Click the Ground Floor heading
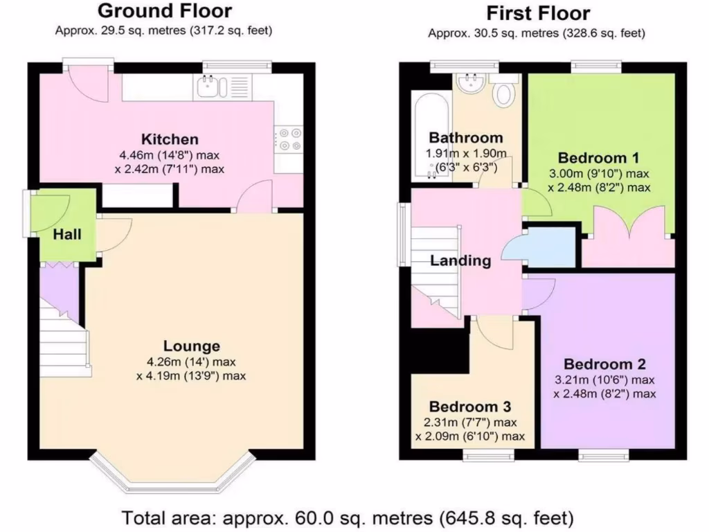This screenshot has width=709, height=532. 165,11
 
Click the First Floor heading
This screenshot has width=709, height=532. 538,13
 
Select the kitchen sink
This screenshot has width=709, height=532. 209,87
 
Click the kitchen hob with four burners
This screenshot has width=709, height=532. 289,139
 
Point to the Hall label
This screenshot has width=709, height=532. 68,235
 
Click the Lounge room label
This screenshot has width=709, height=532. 191,346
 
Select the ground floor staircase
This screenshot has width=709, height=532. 64,336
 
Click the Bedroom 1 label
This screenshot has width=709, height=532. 598,157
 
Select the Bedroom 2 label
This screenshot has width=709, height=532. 604,364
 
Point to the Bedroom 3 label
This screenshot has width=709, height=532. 470,406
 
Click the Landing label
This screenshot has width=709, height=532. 460,261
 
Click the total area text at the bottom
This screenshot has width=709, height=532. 348,517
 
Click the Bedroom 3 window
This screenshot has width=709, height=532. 489,456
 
